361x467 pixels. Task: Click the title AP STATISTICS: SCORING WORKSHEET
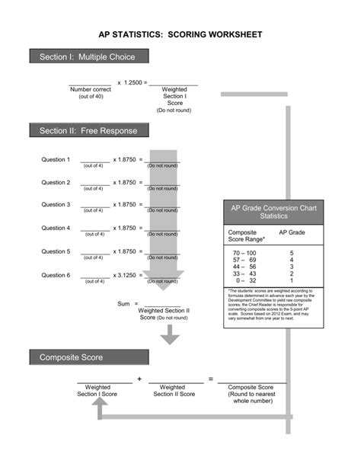[180, 35]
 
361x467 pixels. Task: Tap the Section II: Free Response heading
[88, 131]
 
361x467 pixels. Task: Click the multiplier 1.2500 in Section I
[133, 82]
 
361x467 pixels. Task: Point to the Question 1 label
[56, 160]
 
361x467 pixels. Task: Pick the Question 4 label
[56, 228]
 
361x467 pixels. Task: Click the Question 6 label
[56, 274]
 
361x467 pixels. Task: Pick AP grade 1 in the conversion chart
[292, 280]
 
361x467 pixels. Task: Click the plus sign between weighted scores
[139, 379]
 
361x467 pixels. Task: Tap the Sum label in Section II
[124, 303]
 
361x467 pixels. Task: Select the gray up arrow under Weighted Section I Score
[100, 410]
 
